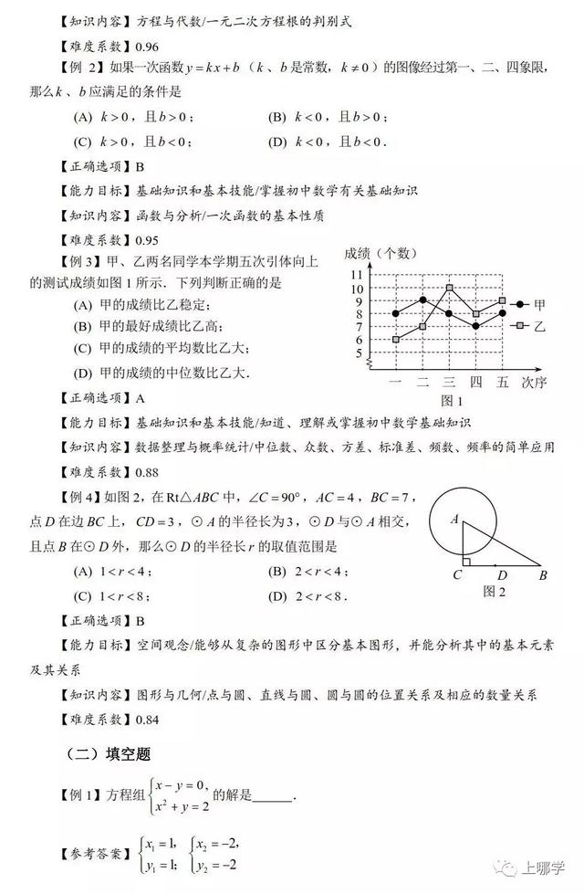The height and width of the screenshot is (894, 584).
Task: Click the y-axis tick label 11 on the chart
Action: click(x=358, y=275)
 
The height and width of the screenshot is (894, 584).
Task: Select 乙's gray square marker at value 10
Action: click(x=449, y=289)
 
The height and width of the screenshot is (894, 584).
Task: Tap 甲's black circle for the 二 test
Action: click(x=422, y=300)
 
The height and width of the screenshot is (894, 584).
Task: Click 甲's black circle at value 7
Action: click(x=475, y=326)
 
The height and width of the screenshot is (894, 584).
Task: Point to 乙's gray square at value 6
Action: click(x=395, y=339)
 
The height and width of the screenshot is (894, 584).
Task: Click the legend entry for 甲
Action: click(x=529, y=305)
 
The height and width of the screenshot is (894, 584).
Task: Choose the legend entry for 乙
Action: click(x=529, y=325)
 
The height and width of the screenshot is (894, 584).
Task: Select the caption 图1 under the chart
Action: click(x=452, y=400)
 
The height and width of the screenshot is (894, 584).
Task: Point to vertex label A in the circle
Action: click(x=454, y=519)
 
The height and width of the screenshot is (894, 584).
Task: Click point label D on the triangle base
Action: click(x=503, y=576)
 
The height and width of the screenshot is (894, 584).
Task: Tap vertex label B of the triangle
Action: click(x=543, y=575)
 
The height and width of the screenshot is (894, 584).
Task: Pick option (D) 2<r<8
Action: click(x=310, y=596)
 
